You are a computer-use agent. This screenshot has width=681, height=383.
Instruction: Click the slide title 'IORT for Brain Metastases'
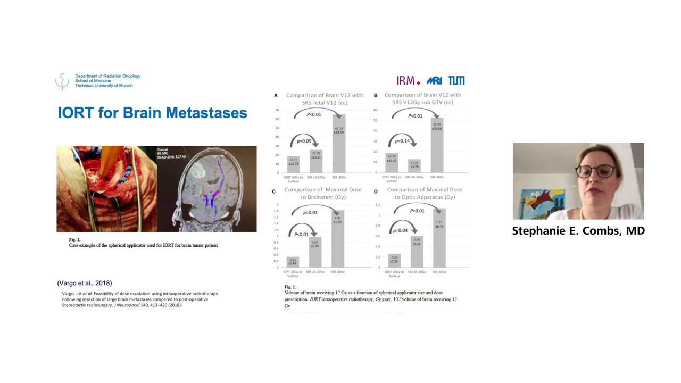pos(152,113)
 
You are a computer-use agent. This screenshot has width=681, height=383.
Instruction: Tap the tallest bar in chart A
pos(339,144)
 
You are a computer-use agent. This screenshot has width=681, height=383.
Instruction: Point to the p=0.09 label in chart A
pos(304,141)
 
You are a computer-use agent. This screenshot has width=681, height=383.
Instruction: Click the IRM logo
pos(408,80)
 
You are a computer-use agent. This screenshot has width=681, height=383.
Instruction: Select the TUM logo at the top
pos(456,80)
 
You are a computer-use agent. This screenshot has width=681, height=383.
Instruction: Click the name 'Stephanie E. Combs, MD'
pos(578,231)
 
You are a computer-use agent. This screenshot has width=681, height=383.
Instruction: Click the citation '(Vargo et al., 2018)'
pos(85,283)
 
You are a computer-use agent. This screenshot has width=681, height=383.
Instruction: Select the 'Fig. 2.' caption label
pos(290,287)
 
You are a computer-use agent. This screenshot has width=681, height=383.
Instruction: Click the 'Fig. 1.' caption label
pos(74,240)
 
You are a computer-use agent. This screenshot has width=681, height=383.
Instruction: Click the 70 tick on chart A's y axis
pos(277,110)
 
